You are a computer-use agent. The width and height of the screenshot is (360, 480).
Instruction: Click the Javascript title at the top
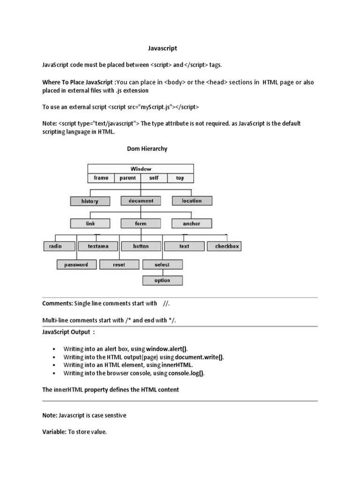(160, 48)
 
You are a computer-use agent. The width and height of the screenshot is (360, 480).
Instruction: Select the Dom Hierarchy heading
(147, 149)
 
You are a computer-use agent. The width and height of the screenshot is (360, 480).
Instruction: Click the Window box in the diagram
(141, 169)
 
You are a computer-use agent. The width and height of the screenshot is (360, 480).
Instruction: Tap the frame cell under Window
(101, 178)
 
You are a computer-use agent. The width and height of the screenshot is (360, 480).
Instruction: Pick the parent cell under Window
(127, 178)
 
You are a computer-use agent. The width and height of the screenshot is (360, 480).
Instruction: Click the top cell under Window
(180, 178)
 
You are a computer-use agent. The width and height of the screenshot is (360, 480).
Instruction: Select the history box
(90, 201)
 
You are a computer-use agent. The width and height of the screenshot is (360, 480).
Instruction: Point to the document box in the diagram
(141, 201)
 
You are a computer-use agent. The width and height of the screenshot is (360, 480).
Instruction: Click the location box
(192, 201)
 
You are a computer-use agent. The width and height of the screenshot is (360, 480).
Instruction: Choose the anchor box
(191, 224)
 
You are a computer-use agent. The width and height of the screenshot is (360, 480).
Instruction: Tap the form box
(141, 224)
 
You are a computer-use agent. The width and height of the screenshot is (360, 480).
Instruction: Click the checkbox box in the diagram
(227, 246)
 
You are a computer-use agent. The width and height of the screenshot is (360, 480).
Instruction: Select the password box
(76, 265)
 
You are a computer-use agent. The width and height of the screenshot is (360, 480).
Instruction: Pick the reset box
(119, 265)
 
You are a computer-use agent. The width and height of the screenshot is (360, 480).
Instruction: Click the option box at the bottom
(162, 280)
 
